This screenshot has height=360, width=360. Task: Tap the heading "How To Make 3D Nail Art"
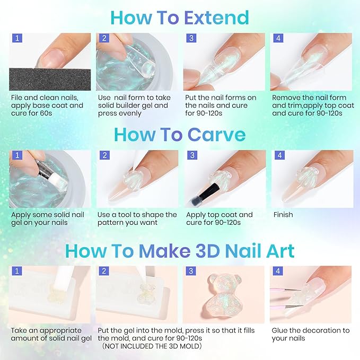(x=180, y=250)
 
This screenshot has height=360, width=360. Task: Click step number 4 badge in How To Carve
(x=277, y=155)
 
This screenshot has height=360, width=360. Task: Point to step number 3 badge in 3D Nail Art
(x=190, y=271)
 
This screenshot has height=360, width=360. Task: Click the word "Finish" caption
(x=283, y=215)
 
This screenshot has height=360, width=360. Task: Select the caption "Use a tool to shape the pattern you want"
(x=137, y=218)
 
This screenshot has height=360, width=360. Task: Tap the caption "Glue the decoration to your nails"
(x=310, y=334)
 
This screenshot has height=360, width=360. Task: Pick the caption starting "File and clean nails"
(x=47, y=105)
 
